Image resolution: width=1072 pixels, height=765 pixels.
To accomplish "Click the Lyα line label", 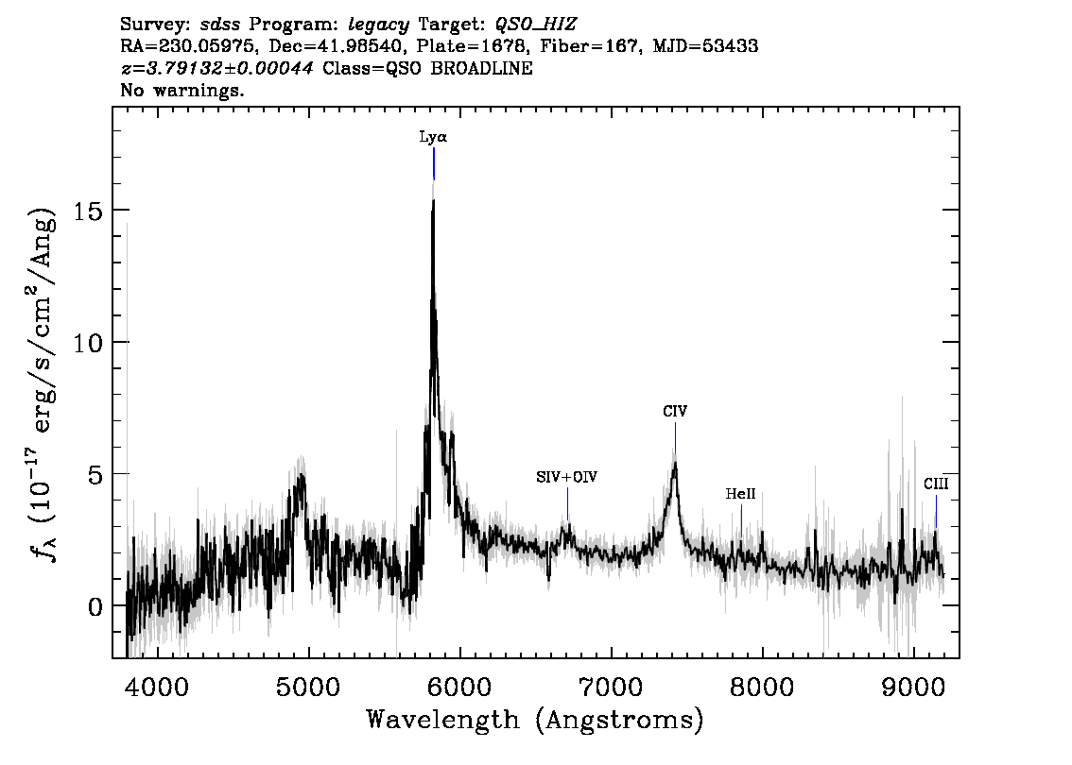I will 433,137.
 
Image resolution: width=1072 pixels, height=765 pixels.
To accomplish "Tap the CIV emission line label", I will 675,412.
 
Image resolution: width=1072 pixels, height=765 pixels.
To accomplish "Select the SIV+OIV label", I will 567,478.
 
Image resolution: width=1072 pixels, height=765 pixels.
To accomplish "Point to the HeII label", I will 740,493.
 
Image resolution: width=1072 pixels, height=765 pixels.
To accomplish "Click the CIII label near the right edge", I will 936,484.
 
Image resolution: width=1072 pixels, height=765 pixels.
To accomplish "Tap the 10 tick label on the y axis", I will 87,342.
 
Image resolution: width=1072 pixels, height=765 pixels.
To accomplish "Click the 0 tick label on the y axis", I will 95,605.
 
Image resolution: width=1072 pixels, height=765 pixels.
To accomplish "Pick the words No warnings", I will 183,91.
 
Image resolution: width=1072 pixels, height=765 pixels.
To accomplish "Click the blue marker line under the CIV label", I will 675,438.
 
